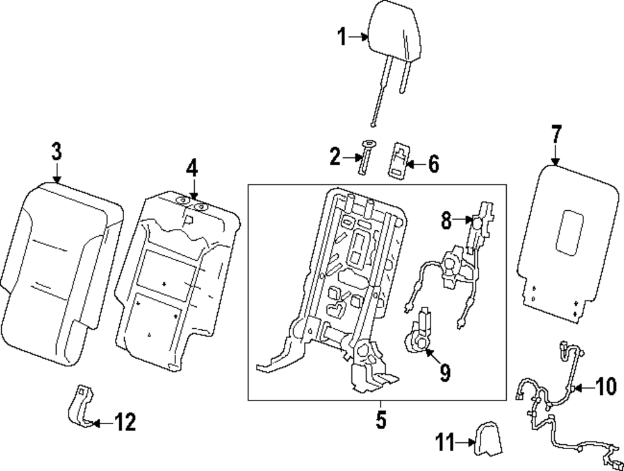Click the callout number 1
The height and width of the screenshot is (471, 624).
click(x=342, y=37)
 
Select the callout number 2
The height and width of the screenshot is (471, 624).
click(x=335, y=157)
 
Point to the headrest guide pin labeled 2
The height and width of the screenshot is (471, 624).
click(x=366, y=157)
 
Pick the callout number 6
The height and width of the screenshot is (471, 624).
click(x=433, y=163)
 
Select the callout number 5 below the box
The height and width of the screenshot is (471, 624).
click(x=381, y=420)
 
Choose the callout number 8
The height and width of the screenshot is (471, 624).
click(x=446, y=220)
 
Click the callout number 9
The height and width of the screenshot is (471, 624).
click(x=444, y=372)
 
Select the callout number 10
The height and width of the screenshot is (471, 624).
click(x=606, y=386)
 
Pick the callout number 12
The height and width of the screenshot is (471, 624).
click(x=125, y=422)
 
